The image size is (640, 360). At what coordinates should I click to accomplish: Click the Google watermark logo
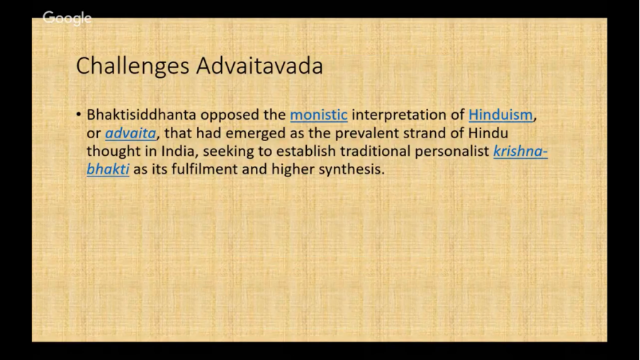point(67,18)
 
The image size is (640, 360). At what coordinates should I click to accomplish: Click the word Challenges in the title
point(133,67)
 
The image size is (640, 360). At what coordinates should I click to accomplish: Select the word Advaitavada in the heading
point(259,66)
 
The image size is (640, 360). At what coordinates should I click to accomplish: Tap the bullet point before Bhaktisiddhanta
point(79,115)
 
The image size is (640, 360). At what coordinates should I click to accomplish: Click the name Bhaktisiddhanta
point(141,115)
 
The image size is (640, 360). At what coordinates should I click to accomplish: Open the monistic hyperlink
point(319,115)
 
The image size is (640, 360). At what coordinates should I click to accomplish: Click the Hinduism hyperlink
point(500,115)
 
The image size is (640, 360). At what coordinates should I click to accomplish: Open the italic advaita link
point(130,133)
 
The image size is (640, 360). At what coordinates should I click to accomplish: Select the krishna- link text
point(520,151)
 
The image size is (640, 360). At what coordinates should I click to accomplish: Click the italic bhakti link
point(108,169)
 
